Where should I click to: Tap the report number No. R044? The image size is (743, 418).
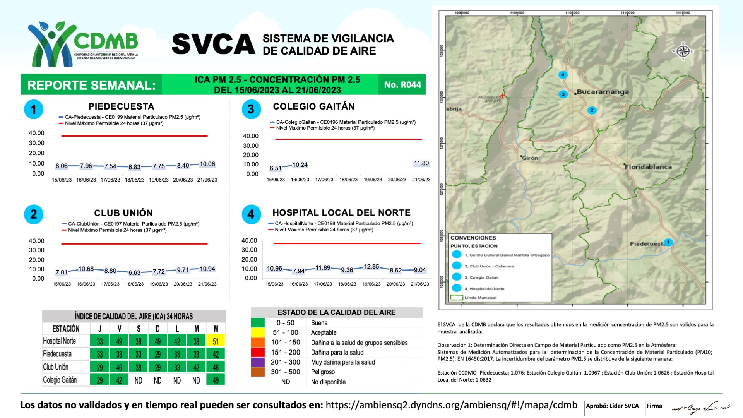click(402, 85)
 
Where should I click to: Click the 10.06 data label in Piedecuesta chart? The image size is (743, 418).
click(207, 164)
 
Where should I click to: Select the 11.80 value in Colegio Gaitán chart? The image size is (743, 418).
click(421, 163)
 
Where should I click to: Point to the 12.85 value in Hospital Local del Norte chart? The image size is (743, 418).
click(371, 267)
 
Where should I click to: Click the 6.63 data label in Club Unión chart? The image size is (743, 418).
click(134, 272)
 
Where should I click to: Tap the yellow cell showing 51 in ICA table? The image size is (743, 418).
click(216, 341)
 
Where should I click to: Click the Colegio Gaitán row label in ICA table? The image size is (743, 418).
click(60, 380)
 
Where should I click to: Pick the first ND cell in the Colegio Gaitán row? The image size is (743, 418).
click(138, 380)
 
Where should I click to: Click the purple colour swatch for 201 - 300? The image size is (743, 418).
click(258, 362)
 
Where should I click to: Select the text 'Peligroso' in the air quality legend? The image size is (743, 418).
click(323, 372)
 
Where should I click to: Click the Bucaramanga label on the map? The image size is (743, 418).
click(603, 92)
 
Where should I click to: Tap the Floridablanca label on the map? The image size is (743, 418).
click(648, 167)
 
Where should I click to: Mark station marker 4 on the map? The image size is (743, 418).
click(563, 75)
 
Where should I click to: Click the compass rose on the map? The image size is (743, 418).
click(683, 51)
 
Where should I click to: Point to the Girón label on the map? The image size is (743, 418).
click(530, 158)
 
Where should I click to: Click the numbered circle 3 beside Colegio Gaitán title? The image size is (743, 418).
click(251, 109)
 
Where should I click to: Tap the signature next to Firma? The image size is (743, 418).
click(701, 408)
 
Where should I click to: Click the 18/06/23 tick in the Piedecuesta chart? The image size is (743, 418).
click(134, 180)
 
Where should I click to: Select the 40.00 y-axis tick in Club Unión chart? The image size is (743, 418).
click(36, 241)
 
